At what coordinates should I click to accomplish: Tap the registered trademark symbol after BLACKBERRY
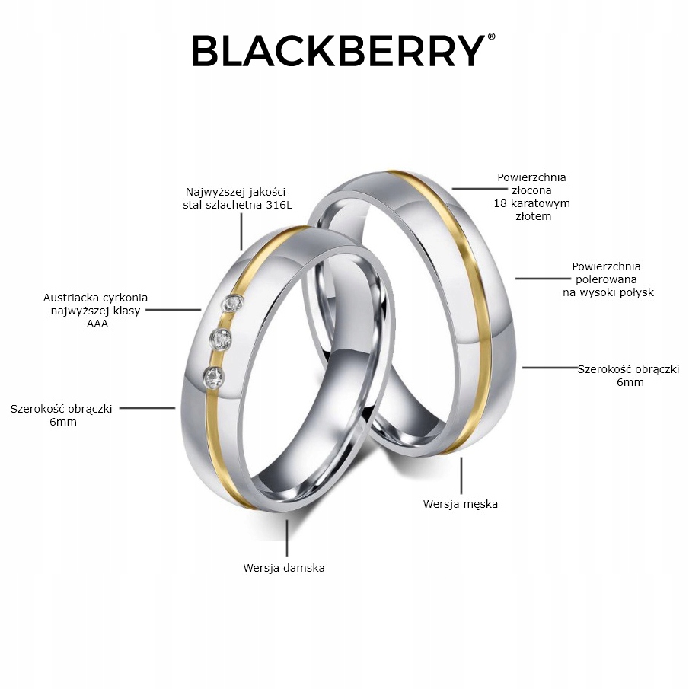pyautogui.click(x=491, y=37)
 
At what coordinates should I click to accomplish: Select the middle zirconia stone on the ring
pyautogui.click(x=222, y=338)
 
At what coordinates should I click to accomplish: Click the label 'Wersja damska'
pyautogui.click(x=284, y=568)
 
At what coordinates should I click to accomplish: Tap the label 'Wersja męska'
pyautogui.click(x=461, y=504)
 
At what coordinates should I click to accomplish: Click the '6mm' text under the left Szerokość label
pyautogui.click(x=62, y=422)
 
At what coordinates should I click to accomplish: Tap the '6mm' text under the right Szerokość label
pyautogui.click(x=630, y=382)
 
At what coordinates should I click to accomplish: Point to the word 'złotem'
pyautogui.click(x=532, y=216)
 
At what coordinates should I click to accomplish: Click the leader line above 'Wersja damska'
pyautogui.click(x=286, y=538)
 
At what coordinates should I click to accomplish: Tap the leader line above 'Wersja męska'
pyautogui.click(x=461, y=474)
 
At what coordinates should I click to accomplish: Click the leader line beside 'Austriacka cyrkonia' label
pyautogui.click(x=172, y=310)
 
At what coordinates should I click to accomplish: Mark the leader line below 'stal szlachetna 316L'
pyautogui.click(x=241, y=231)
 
